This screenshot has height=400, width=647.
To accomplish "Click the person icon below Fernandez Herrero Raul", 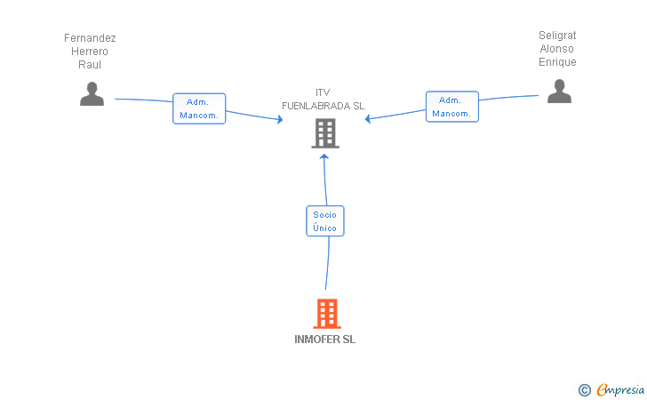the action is (x=92, y=93).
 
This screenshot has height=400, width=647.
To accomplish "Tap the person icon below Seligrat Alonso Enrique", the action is (x=559, y=92).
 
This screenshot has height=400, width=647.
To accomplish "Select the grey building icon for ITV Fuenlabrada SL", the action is (x=325, y=133).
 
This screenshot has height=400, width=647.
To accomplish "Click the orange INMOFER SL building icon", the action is (x=327, y=314).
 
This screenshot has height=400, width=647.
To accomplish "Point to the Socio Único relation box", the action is (x=325, y=220).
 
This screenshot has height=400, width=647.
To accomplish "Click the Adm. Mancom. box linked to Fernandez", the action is (x=199, y=108).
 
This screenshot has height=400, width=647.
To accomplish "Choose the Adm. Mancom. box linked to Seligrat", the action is (x=452, y=107).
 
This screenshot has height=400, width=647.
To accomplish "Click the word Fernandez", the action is (x=90, y=38).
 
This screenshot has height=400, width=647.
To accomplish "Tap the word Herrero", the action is (x=90, y=52).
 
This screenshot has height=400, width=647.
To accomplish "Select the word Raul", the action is (x=90, y=64).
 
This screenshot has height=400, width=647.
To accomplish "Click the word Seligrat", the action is (x=557, y=36).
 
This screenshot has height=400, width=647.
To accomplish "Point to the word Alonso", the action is (x=556, y=49).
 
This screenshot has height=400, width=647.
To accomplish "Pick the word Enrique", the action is (x=557, y=62).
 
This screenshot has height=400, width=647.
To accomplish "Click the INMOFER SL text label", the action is (x=324, y=340).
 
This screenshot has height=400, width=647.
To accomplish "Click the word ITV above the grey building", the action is (x=323, y=92).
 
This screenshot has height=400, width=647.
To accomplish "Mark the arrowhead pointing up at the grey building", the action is (x=324, y=156).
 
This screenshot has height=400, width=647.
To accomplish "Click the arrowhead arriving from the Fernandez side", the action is (x=280, y=119).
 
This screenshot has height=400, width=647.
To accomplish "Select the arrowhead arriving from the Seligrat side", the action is (x=368, y=119).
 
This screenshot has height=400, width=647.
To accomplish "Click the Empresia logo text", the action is (x=620, y=390).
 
